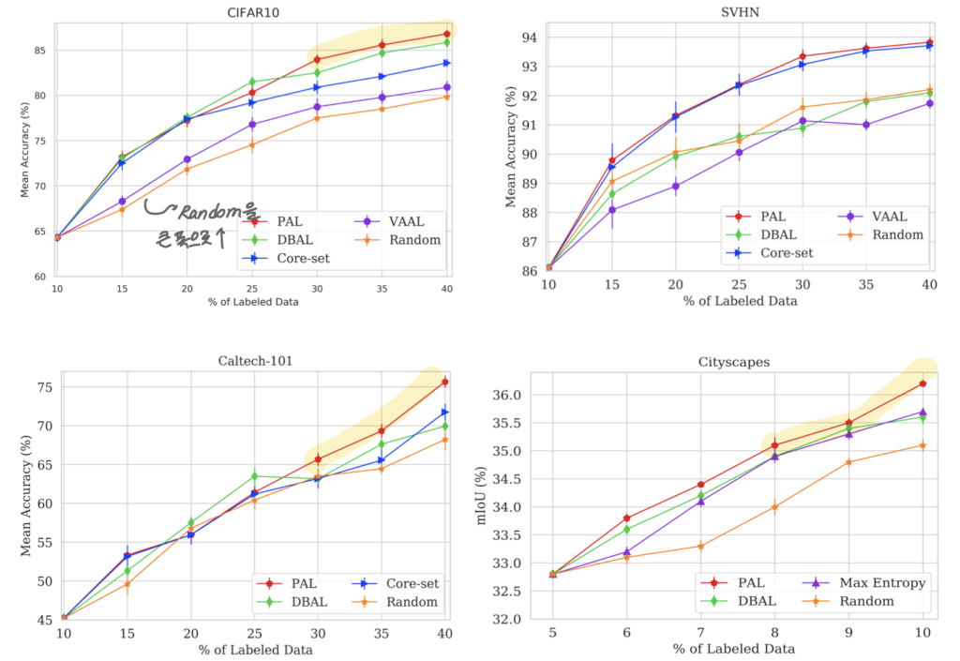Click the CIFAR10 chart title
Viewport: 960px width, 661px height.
tap(253, 12)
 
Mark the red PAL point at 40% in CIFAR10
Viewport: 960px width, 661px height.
tap(446, 34)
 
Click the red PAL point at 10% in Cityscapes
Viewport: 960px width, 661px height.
tap(922, 383)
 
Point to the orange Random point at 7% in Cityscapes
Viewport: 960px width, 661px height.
tap(699, 546)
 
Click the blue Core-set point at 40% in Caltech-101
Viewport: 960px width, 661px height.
tap(445, 412)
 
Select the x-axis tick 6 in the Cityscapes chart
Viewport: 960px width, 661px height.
tap(625, 632)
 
